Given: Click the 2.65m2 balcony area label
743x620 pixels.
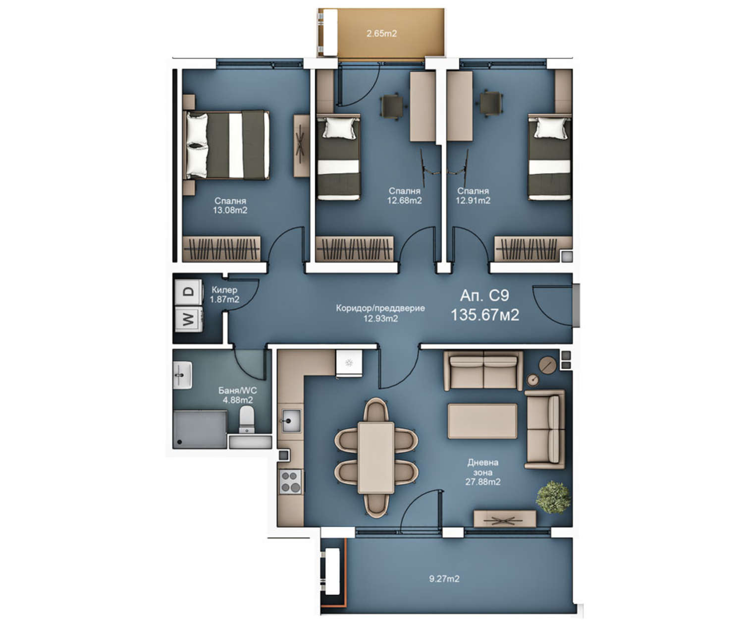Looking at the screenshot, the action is point(381,34).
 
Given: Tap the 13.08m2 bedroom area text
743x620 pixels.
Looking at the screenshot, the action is point(230,210).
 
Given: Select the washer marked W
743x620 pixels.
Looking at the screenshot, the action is point(189,319).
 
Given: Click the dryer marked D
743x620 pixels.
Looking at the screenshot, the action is point(189,292).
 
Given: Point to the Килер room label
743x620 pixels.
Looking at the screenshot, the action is point(224,289).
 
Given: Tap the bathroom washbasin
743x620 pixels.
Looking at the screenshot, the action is point(183,375).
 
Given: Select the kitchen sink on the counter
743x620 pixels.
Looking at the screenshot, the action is point(291,421).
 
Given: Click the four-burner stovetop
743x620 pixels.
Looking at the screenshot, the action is point(290,481).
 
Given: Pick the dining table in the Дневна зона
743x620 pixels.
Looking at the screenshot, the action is point(376,458).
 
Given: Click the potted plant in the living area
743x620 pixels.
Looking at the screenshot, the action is point(553,497).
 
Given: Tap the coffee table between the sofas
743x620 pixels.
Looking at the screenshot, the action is point(482,421).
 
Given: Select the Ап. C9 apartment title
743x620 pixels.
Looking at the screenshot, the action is point(484,295).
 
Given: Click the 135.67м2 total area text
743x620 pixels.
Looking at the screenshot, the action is point(485,315).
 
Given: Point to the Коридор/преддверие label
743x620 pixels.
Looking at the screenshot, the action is point(380,308).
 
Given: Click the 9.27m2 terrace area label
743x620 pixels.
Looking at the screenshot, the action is point(444,579).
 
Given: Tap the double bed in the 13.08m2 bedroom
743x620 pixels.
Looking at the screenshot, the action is point(226,145).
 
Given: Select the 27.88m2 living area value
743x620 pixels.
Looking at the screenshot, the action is point(483,482).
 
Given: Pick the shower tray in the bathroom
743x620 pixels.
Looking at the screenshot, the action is point(200,430).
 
